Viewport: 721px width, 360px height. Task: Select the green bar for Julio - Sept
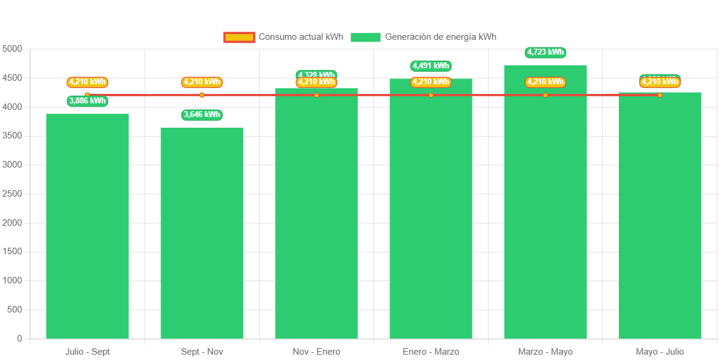87,226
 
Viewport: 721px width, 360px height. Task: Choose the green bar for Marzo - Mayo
546,202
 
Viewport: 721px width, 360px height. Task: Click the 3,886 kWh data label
87,101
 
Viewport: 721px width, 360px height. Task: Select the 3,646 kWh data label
202,115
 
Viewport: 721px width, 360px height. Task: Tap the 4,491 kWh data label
431,66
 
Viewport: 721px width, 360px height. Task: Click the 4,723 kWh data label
546,52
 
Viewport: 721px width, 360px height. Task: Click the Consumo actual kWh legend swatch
239,37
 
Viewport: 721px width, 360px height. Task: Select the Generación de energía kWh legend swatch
366,37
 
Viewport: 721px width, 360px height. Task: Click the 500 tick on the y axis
15,310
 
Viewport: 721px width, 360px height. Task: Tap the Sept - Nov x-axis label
202,352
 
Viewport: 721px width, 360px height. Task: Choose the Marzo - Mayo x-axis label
546,352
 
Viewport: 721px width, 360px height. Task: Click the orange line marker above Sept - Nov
202,95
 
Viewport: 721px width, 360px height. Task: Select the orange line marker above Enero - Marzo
431,95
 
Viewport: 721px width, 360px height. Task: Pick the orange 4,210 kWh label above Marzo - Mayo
546,82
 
